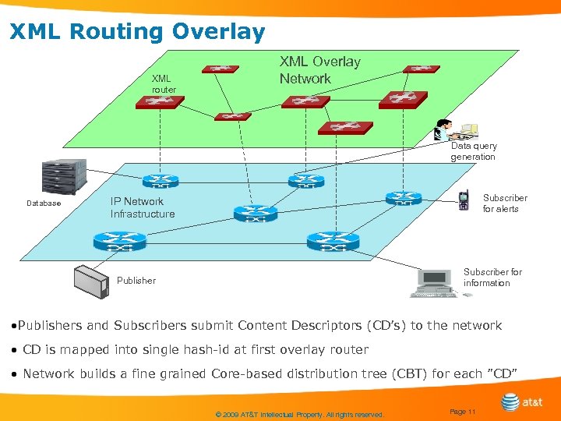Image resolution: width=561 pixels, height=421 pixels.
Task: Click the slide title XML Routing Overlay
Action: click(x=137, y=32)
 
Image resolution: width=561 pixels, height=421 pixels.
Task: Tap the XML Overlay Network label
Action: click(x=319, y=70)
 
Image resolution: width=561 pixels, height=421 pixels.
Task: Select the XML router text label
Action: click(x=163, y=84)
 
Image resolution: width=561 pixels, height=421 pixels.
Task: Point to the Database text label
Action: click(x=44, y=203)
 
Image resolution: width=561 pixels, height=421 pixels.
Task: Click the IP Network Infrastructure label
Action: click(x=143, y=207)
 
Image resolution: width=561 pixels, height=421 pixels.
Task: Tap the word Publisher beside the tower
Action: click(x=136, y=281)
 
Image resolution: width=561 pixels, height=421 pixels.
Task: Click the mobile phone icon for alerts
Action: click(x=464, y=201)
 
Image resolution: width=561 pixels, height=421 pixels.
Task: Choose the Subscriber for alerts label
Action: click(x=505, y=203)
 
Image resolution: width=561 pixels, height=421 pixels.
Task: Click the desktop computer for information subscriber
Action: click(x=436, y=282)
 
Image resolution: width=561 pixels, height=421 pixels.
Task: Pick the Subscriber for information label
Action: click(x=492, y=278)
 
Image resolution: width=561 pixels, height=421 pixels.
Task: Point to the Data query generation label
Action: click(x=473, y=151)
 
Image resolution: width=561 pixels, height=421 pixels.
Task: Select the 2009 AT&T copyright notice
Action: click(x=299, y=415)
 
